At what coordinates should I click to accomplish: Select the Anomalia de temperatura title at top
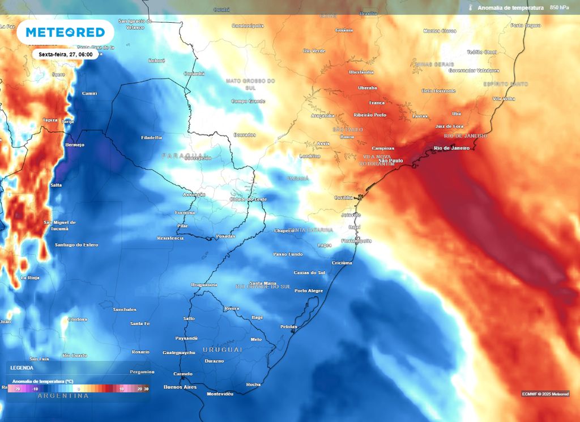tap(510, 7)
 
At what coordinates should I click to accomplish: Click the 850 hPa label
tap(560, 7)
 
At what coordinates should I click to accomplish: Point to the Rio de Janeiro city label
tap(451, 148)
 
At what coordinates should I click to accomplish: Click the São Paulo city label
tap(390, 161)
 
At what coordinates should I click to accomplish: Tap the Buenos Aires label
tap(180, 387)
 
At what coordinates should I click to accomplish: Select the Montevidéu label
tap(220, 394)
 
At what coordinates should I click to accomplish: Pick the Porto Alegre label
tap(309, 290)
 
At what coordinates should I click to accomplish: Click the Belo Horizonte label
tap(439, 91)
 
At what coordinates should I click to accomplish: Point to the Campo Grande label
tap(248, 101)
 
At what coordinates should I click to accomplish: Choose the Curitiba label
tap(343, 197)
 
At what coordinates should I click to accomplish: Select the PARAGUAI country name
tap(185, 155)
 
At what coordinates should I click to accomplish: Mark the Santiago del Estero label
tap(76, 244)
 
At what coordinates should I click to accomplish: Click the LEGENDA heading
tap(22, 368)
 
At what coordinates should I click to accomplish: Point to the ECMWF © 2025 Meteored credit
tap(545, 394)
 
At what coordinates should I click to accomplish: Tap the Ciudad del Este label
tap(248, 200)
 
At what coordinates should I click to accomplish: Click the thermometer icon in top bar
tap(470, 7)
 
